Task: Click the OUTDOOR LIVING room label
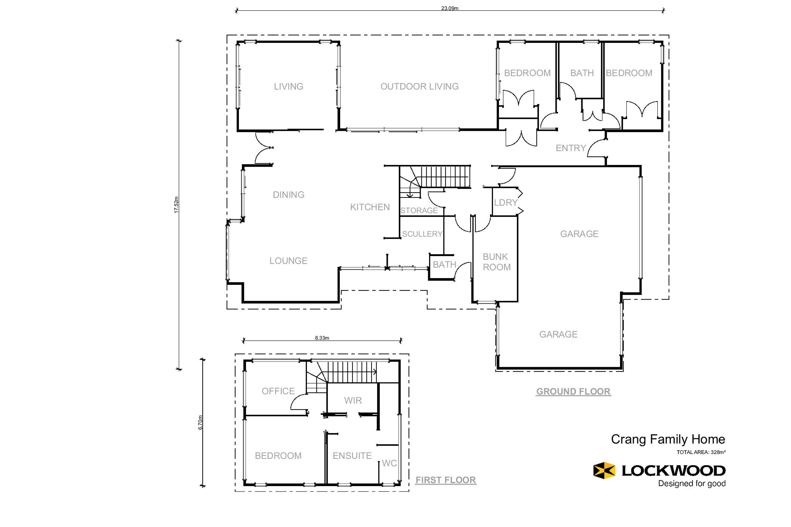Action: [419, 86]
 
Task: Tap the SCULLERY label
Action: [422, 234]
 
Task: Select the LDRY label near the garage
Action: [505, 202]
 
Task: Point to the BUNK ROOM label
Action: [497, 262]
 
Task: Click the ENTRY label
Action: [571, 148]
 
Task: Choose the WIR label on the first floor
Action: [353, 400]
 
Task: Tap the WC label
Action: [390, 463]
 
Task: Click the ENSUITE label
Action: [352, 456]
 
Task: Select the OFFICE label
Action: [278, 391]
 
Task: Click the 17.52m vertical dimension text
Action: [176, 205]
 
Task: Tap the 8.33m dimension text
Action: [322, 338]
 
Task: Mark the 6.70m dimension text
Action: [200, 423]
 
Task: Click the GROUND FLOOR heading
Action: [573, 392]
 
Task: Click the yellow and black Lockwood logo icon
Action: [604, 470]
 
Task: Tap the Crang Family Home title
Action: [668, 439]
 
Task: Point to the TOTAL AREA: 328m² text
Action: [701, 452]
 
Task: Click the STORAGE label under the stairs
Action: [419, 210]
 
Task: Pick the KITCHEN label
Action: [370, 207]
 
